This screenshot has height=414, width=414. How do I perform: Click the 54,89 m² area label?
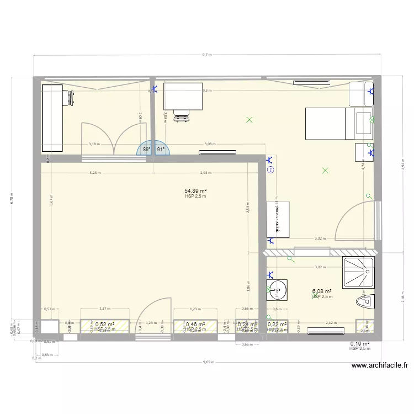(196, 190)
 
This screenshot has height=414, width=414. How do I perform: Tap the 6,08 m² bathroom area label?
(322, 291)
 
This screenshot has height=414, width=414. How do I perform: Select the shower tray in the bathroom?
(358, 272)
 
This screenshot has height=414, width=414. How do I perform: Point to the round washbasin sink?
(277, 288)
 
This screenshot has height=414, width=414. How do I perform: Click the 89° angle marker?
(146, 150)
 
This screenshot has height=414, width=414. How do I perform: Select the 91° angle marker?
(161, 150)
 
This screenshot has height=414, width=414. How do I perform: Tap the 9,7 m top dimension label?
(207, 55)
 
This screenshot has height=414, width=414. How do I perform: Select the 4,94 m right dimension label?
(403, 163)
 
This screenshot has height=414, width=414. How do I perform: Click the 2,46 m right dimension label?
(403, 299)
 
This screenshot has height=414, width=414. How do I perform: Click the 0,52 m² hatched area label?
(104, 325)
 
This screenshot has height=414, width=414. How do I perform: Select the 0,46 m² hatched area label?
(195, 325)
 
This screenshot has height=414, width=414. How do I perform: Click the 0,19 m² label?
(360, 343)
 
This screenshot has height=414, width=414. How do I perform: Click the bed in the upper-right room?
(330, 124)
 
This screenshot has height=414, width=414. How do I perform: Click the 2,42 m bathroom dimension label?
(331, 323)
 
